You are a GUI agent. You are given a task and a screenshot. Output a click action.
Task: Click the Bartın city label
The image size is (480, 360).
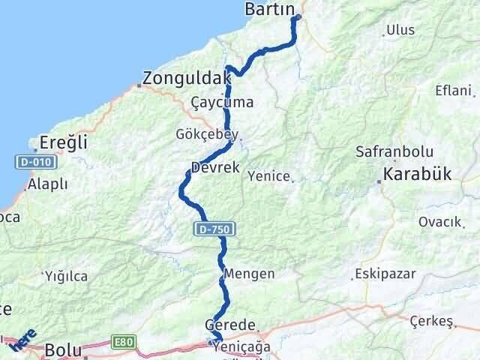point(271,10)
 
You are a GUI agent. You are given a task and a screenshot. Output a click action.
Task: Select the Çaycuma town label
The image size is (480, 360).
point(221,102)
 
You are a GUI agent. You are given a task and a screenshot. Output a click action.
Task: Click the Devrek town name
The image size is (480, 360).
point(215,168)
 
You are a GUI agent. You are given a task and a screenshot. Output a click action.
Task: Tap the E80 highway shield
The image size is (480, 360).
point(124,342)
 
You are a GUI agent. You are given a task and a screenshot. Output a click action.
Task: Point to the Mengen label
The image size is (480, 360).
point(248,274)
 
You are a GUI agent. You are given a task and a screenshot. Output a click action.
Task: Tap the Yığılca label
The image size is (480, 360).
point(66,276)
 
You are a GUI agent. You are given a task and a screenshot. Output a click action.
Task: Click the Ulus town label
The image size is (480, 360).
point(399,31)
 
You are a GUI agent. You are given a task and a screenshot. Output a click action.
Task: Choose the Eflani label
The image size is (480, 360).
point(454,90)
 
